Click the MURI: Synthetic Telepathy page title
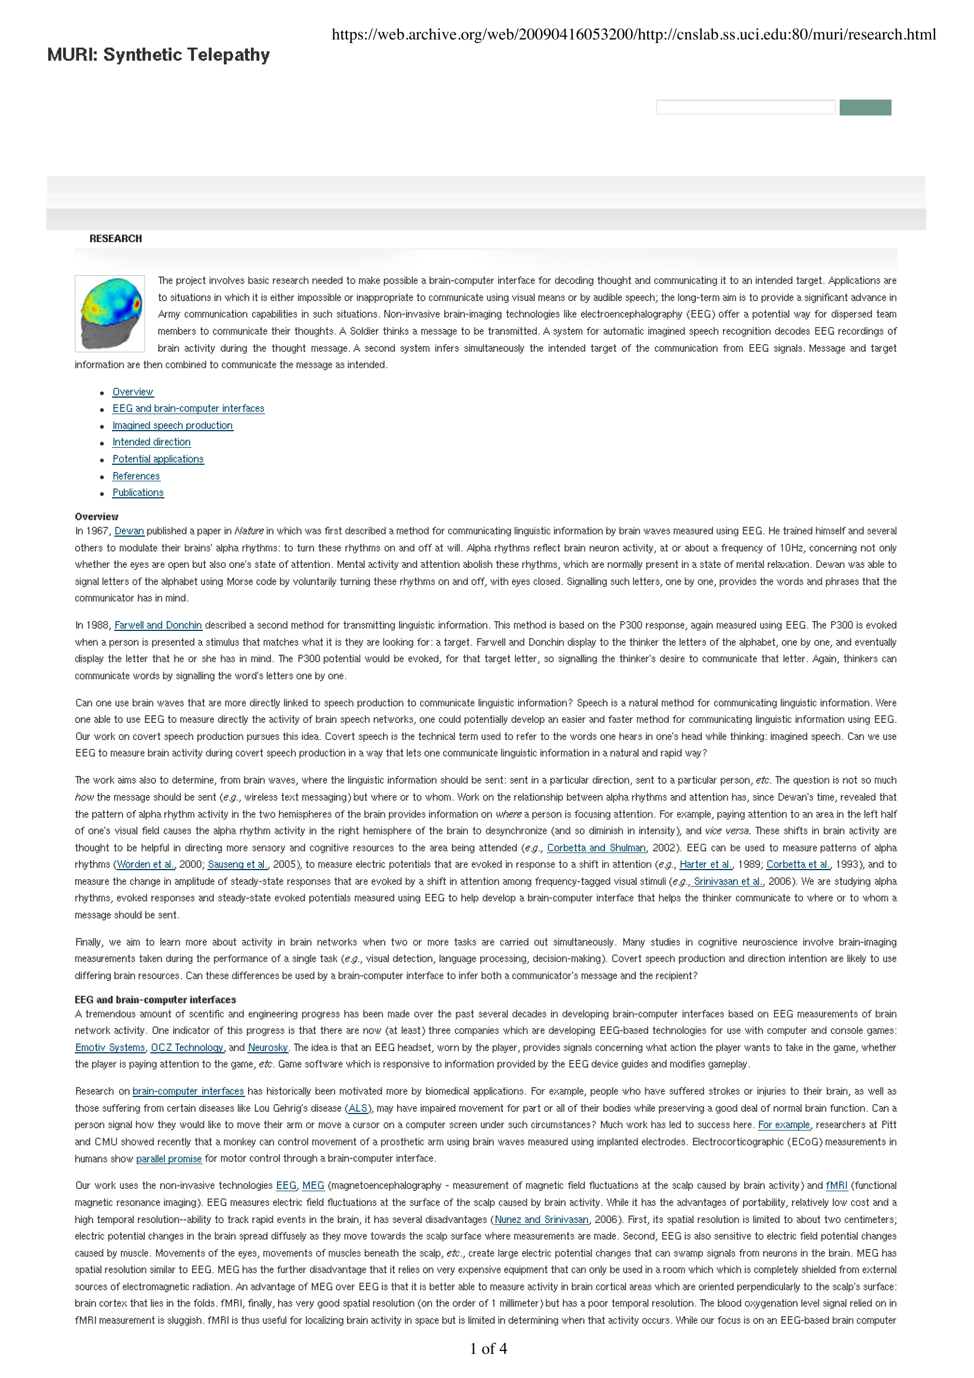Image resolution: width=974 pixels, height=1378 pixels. (159, 55)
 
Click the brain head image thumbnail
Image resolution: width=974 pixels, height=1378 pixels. (110, 313)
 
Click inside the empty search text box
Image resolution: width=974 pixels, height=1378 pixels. (745, 107)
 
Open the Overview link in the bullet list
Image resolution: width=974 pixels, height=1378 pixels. (133, 392)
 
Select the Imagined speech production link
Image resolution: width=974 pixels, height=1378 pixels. (172, 425)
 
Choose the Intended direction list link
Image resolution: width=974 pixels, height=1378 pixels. (151, 442)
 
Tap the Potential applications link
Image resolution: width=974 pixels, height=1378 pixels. (158, 459)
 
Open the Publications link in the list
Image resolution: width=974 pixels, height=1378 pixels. (137, 493)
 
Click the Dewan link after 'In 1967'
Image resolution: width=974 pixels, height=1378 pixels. (129, 531)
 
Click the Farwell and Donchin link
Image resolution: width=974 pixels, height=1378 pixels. (158, 626)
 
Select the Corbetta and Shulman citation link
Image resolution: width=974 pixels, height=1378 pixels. (596, 848)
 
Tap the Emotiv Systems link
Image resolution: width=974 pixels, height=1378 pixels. (110, 1048)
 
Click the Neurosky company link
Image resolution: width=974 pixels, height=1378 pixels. (268, 1048)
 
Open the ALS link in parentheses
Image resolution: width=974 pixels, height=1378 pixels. (358, 1109)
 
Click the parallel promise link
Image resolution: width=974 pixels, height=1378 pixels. (169, 1159)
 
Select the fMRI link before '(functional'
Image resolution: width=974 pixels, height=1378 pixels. (837, 1186)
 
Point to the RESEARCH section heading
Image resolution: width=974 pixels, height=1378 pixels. (116, 239)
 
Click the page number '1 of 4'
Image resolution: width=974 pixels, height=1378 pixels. (488, 1349)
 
